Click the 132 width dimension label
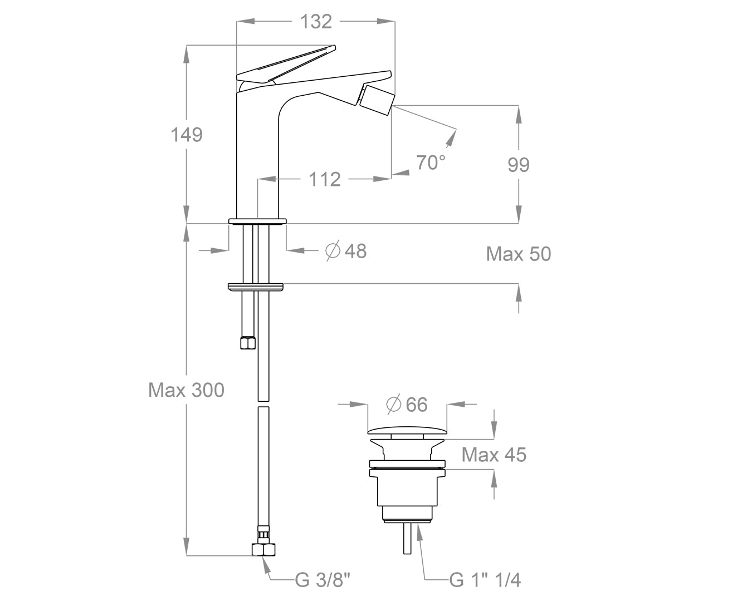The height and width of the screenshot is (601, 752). click(x=316, y=22)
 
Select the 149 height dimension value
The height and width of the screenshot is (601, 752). click(x=187, y=135)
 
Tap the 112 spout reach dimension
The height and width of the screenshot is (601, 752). click(x=325, y=179)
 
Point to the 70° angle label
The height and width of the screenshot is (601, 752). click(x=431, y=162)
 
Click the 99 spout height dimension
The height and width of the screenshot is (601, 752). click(x=519, y=165)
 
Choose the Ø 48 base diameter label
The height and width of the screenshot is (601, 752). click(x=346, y=251)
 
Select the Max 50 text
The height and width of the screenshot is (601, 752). click(x=518, y=254)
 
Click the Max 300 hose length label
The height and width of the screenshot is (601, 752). click(x=186, y=390)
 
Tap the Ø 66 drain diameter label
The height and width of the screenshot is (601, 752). click(x=407, y=405)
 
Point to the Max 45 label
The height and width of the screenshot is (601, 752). click(x=494, y=455)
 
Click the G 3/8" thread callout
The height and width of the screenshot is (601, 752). click(x=323, y=580)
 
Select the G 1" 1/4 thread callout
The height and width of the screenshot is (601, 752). click(x=485, y=580)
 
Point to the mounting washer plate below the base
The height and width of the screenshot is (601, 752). click(x=256, y=287)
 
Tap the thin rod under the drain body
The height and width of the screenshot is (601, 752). click(x=407, y=538)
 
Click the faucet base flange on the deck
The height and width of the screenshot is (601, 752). click(x=257, y=221)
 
